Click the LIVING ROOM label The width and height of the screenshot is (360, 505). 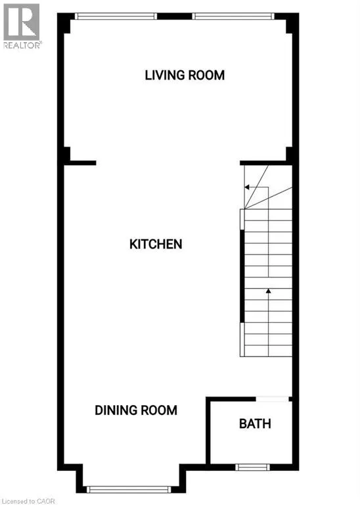coord(185,76)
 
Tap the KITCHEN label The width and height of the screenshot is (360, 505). coord(156,245)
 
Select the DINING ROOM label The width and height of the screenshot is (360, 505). coord(136,410)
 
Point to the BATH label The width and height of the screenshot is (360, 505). coord(255,424)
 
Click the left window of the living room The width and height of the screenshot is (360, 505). coord(116,16)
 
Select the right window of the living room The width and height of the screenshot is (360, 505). coord(232,16)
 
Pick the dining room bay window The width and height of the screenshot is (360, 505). coord(129,489)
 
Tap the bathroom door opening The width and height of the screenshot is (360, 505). coord(272,398)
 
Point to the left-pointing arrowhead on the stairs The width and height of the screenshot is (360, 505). coord(246,187)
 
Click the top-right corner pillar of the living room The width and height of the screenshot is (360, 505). coord(289,24)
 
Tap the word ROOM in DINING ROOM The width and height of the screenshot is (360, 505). coord(158,410)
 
